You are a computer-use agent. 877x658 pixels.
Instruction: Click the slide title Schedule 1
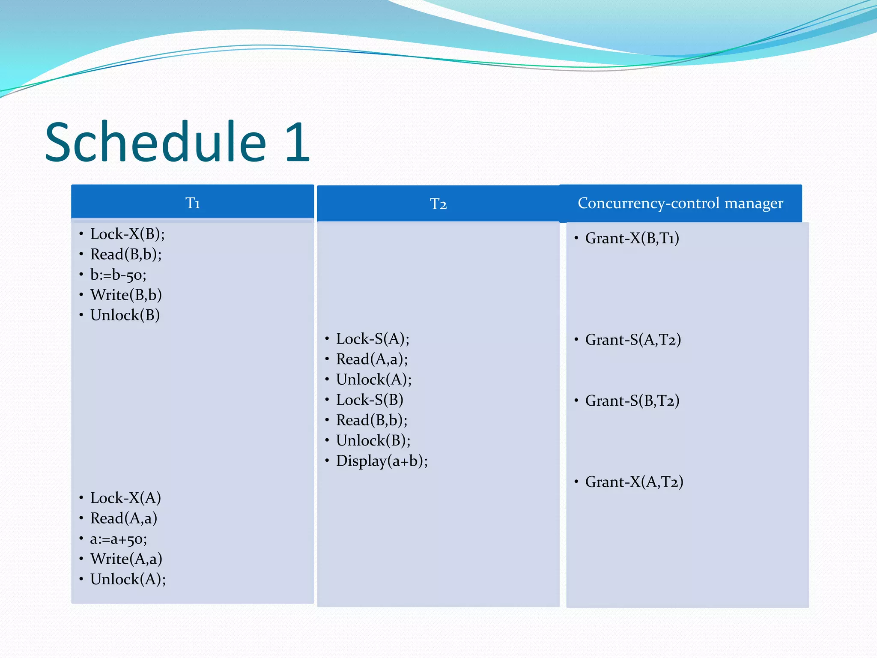coord(177,142)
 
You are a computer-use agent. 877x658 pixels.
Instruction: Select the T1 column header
coord(192,203)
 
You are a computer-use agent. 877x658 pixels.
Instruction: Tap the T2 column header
coord(438,204)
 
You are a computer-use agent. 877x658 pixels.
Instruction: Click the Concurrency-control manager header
coord(680,203)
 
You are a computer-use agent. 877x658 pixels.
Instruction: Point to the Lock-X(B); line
coord(127,234)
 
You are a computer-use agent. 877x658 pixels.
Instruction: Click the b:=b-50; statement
coord(118,275)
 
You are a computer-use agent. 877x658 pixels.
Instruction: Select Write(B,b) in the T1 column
coord(126,295)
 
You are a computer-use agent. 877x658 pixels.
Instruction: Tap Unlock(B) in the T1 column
coord(125,315)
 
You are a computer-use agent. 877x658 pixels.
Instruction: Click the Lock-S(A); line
coord(372,339)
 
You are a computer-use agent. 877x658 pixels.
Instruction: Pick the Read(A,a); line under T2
coord(372,359)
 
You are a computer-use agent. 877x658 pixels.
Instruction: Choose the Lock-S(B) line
coord(369,400)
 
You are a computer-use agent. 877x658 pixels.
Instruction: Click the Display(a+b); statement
coord(382,461)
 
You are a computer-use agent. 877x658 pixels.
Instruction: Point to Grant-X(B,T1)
coord(632,238)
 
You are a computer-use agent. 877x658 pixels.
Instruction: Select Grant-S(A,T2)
coord(632,340)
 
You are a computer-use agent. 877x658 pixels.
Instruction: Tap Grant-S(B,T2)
coord(632,401)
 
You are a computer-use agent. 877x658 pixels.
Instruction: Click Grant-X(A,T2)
coord(634,482)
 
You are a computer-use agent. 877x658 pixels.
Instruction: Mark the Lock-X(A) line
coord(125,498)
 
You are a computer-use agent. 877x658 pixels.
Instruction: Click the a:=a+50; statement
coord(118,539)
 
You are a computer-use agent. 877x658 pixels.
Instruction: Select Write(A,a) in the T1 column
coord(126,559)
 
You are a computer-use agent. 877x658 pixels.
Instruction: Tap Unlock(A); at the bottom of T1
coord(128,579)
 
